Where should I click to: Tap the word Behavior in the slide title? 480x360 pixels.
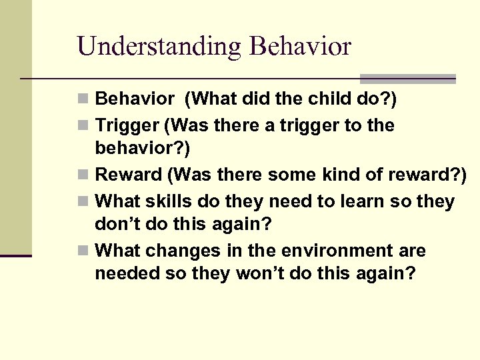point(300,46)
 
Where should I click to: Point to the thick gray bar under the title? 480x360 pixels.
point(408,78)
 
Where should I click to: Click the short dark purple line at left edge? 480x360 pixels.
point(15,255)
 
